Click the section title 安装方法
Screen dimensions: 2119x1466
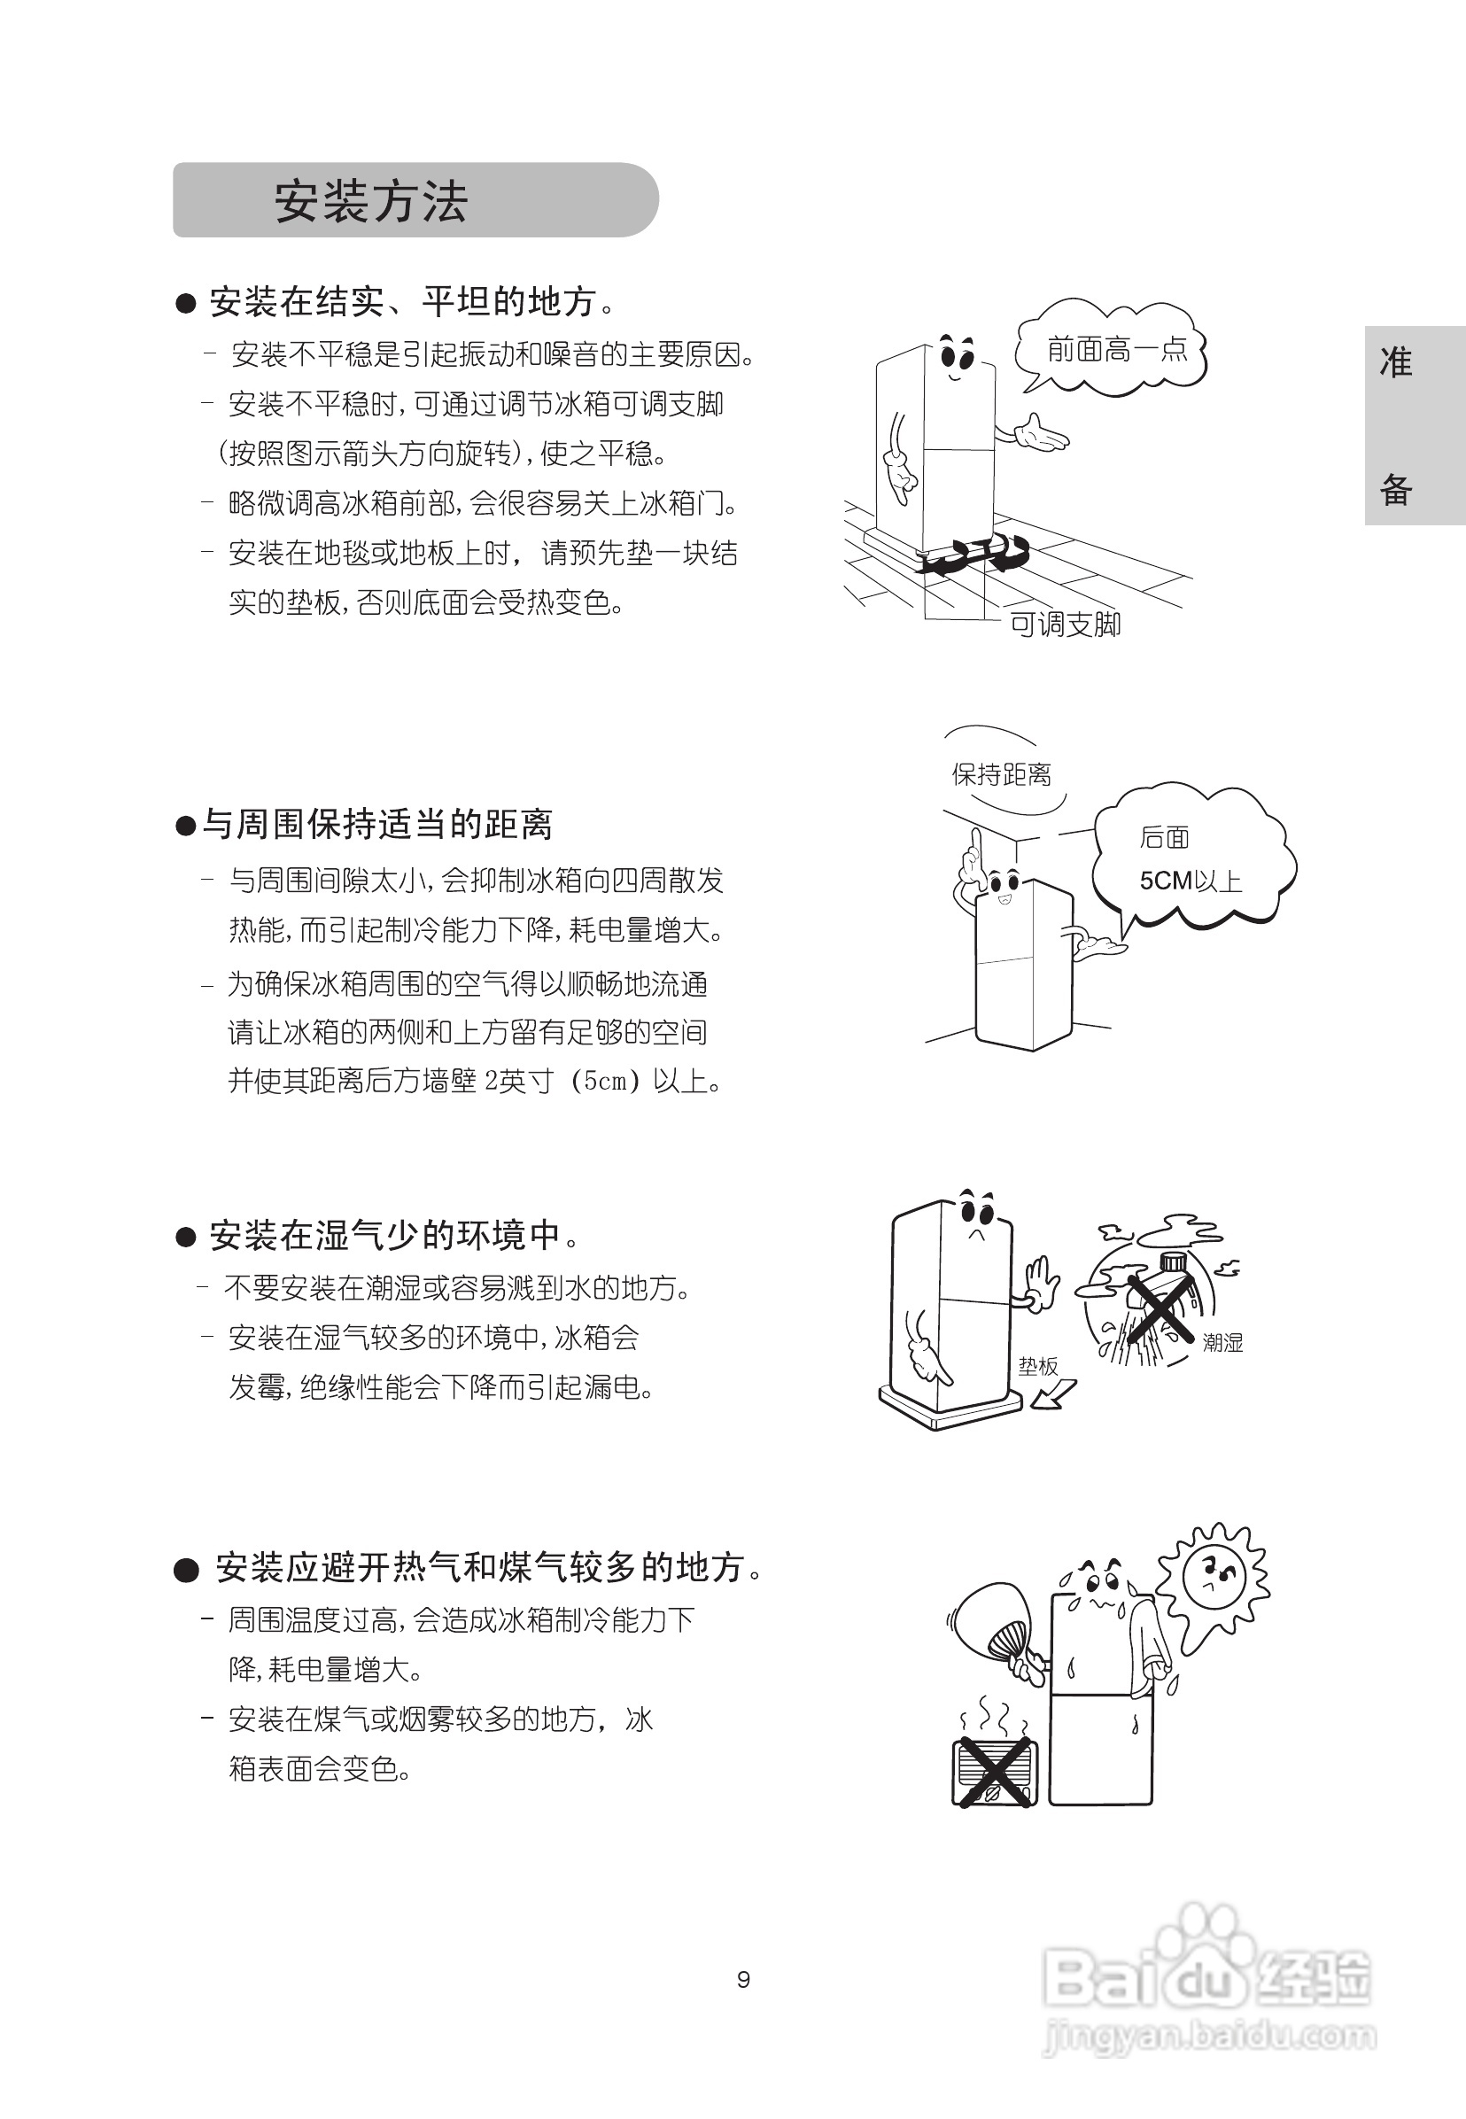371,201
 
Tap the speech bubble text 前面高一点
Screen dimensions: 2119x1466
1117,349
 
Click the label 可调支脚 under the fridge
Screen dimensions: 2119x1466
1065,625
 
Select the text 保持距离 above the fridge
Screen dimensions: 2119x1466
1001,774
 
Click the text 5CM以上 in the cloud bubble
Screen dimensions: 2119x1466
1191,881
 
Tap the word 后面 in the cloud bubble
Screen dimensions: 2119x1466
1164,837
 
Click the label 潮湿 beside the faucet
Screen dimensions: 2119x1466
1222,1342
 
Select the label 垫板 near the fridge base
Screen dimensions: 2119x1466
1038,1366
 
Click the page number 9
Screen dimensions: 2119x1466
743,1979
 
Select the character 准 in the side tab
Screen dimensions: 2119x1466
1395,363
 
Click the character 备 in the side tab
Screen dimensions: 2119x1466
1395,490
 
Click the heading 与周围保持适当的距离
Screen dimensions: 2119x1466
377,824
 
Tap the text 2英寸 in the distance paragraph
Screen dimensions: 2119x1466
519,1080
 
